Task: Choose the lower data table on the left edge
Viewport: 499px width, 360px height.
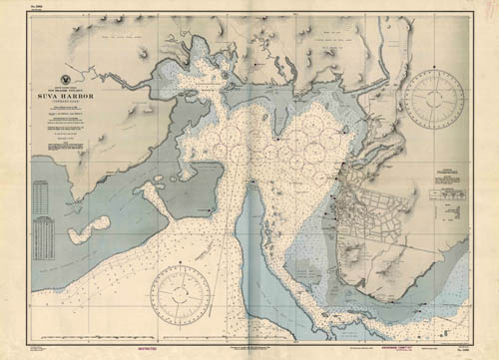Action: click(x=42, y=237)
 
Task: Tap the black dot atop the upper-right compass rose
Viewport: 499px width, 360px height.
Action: click(x=433, y=70)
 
